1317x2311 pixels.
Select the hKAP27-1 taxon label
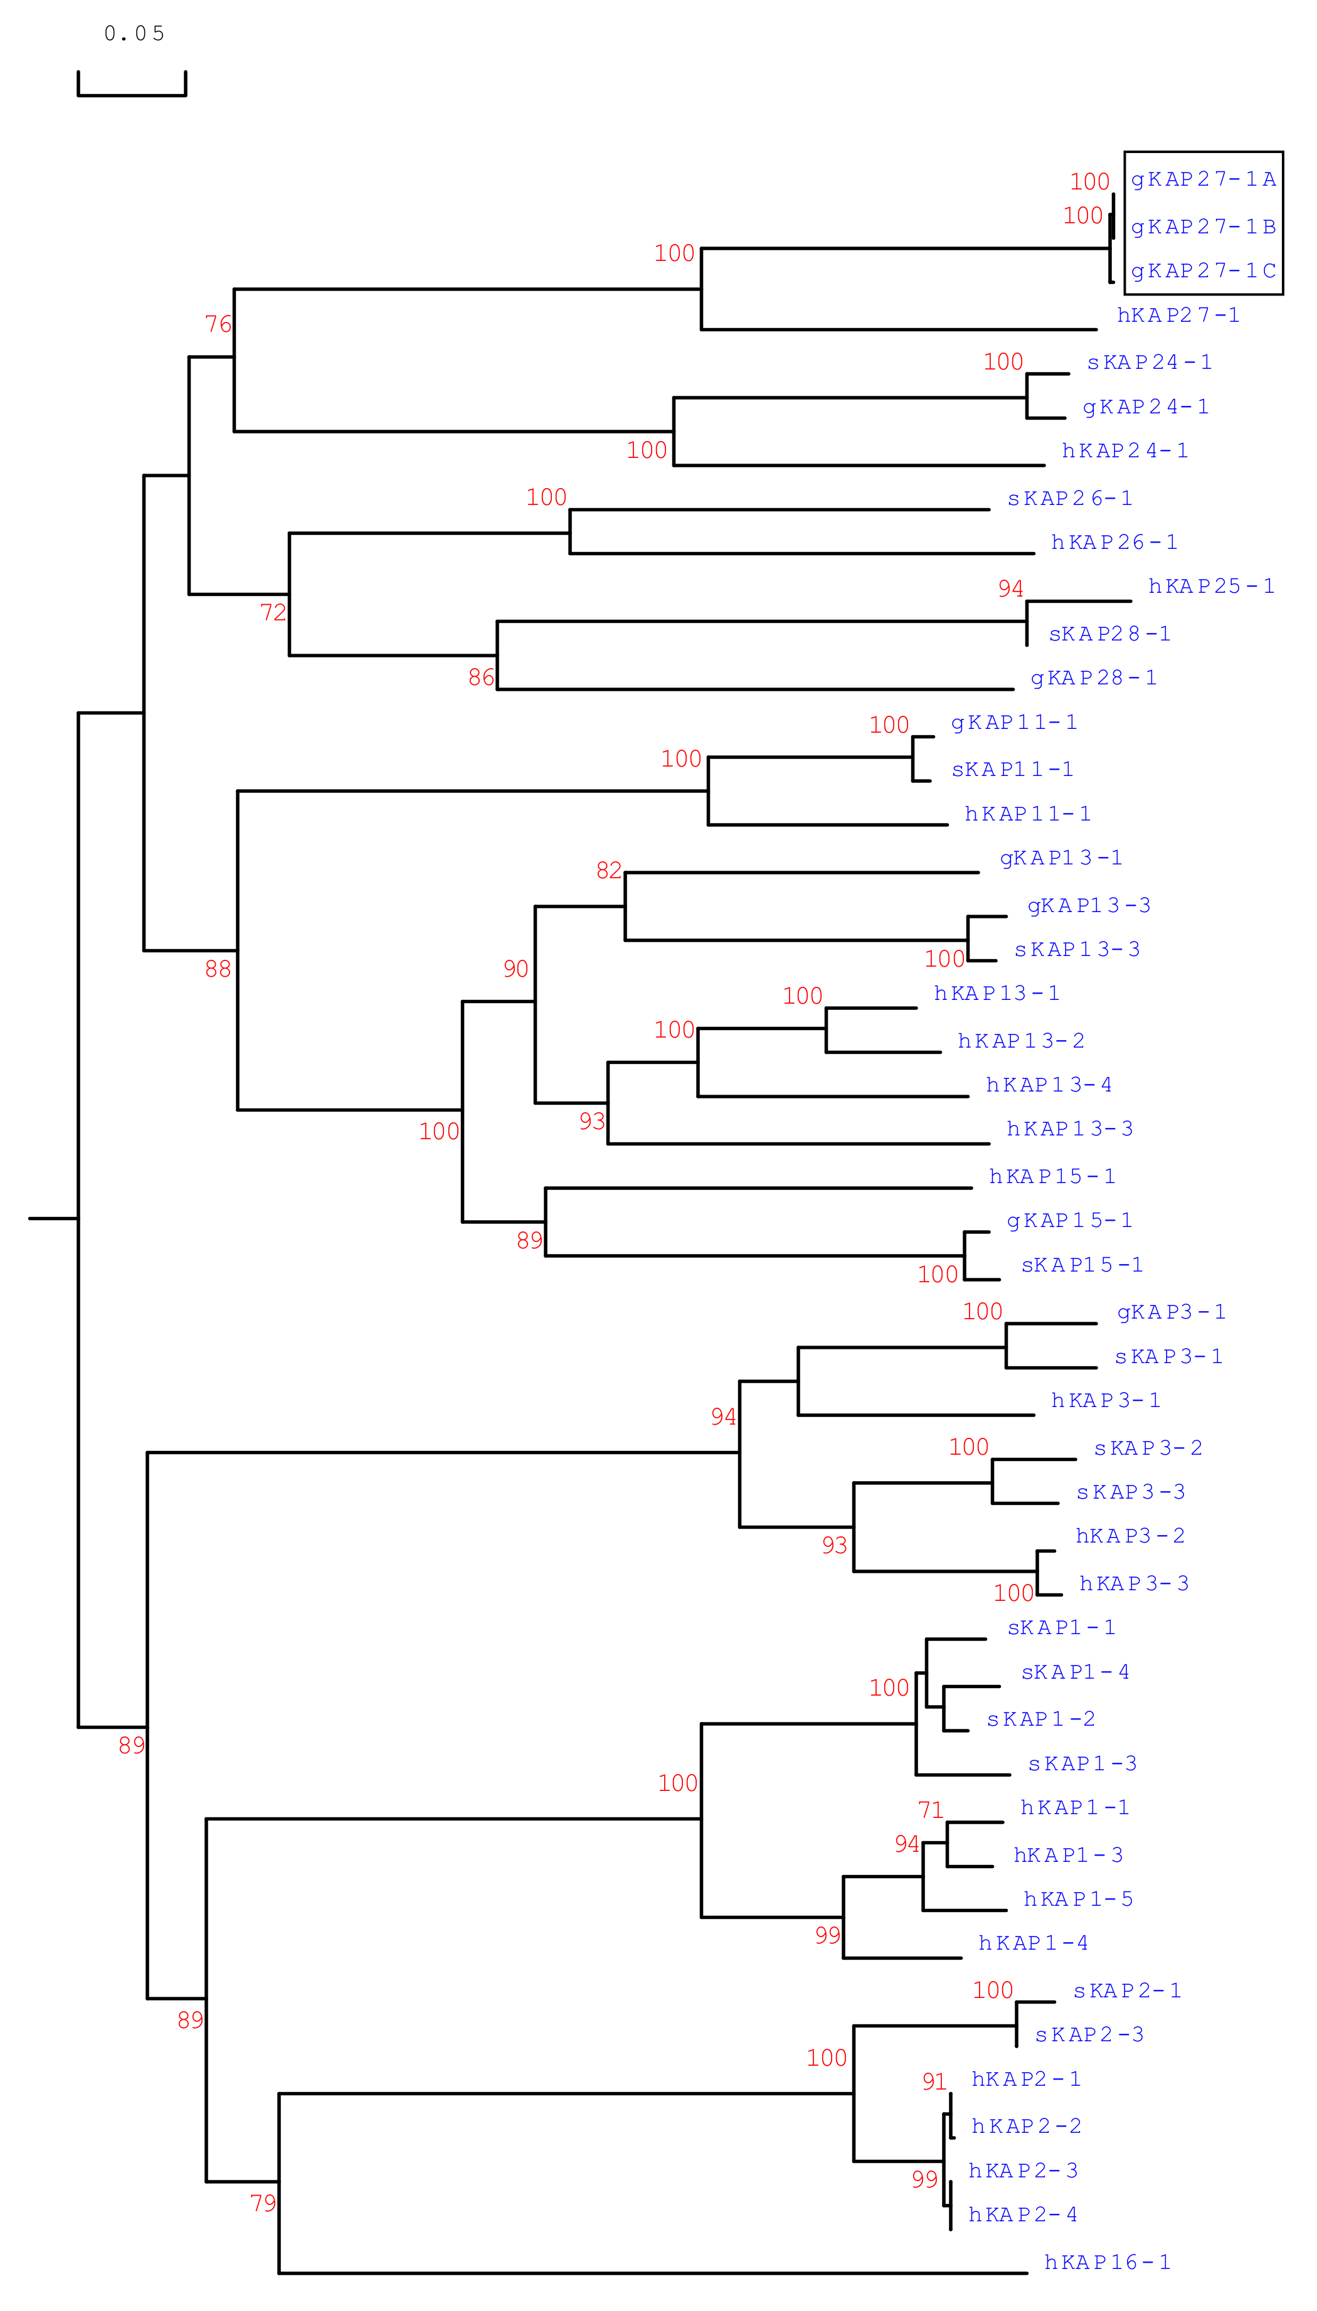tap(1178, 315)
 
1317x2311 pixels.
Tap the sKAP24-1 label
tap(1149, 362)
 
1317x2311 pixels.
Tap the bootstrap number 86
tap(481, 677)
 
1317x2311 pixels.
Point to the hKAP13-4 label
tap(1049, 1085)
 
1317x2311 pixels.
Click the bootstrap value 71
tap(930, 1809)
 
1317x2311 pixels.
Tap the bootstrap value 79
tap(262, 2202)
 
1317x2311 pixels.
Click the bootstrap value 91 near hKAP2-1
tap(933, 2081)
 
